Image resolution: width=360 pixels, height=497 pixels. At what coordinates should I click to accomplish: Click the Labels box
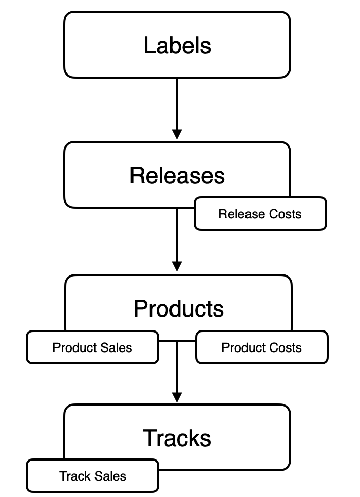[x=177, y=45]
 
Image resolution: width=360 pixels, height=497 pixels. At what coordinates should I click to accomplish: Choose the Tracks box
[x=177, y=438]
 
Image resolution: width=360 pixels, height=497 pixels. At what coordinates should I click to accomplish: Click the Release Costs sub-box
[x=260, y=214]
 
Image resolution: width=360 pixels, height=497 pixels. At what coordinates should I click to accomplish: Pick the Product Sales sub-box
[x=92, y=347]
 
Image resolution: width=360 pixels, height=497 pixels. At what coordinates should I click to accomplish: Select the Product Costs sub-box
[x=261, y=347]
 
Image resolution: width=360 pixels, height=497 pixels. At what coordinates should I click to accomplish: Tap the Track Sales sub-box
[x=92, y=476]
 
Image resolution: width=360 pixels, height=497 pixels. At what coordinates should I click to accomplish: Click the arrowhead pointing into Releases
[x=177, y=134]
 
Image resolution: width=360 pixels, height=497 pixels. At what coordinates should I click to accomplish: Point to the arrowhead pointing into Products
[x=177, y=266]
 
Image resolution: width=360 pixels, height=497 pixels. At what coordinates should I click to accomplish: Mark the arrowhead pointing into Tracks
[x=177, y=397]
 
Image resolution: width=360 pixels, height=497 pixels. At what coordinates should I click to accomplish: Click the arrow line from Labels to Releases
[x=177, y=103]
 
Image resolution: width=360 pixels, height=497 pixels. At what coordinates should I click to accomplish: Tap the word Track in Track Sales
[x=75, y=476]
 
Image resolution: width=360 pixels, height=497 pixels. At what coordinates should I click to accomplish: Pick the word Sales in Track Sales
[x=110, y=476]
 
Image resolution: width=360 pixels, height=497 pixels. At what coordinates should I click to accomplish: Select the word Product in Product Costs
[x=243, y=347]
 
